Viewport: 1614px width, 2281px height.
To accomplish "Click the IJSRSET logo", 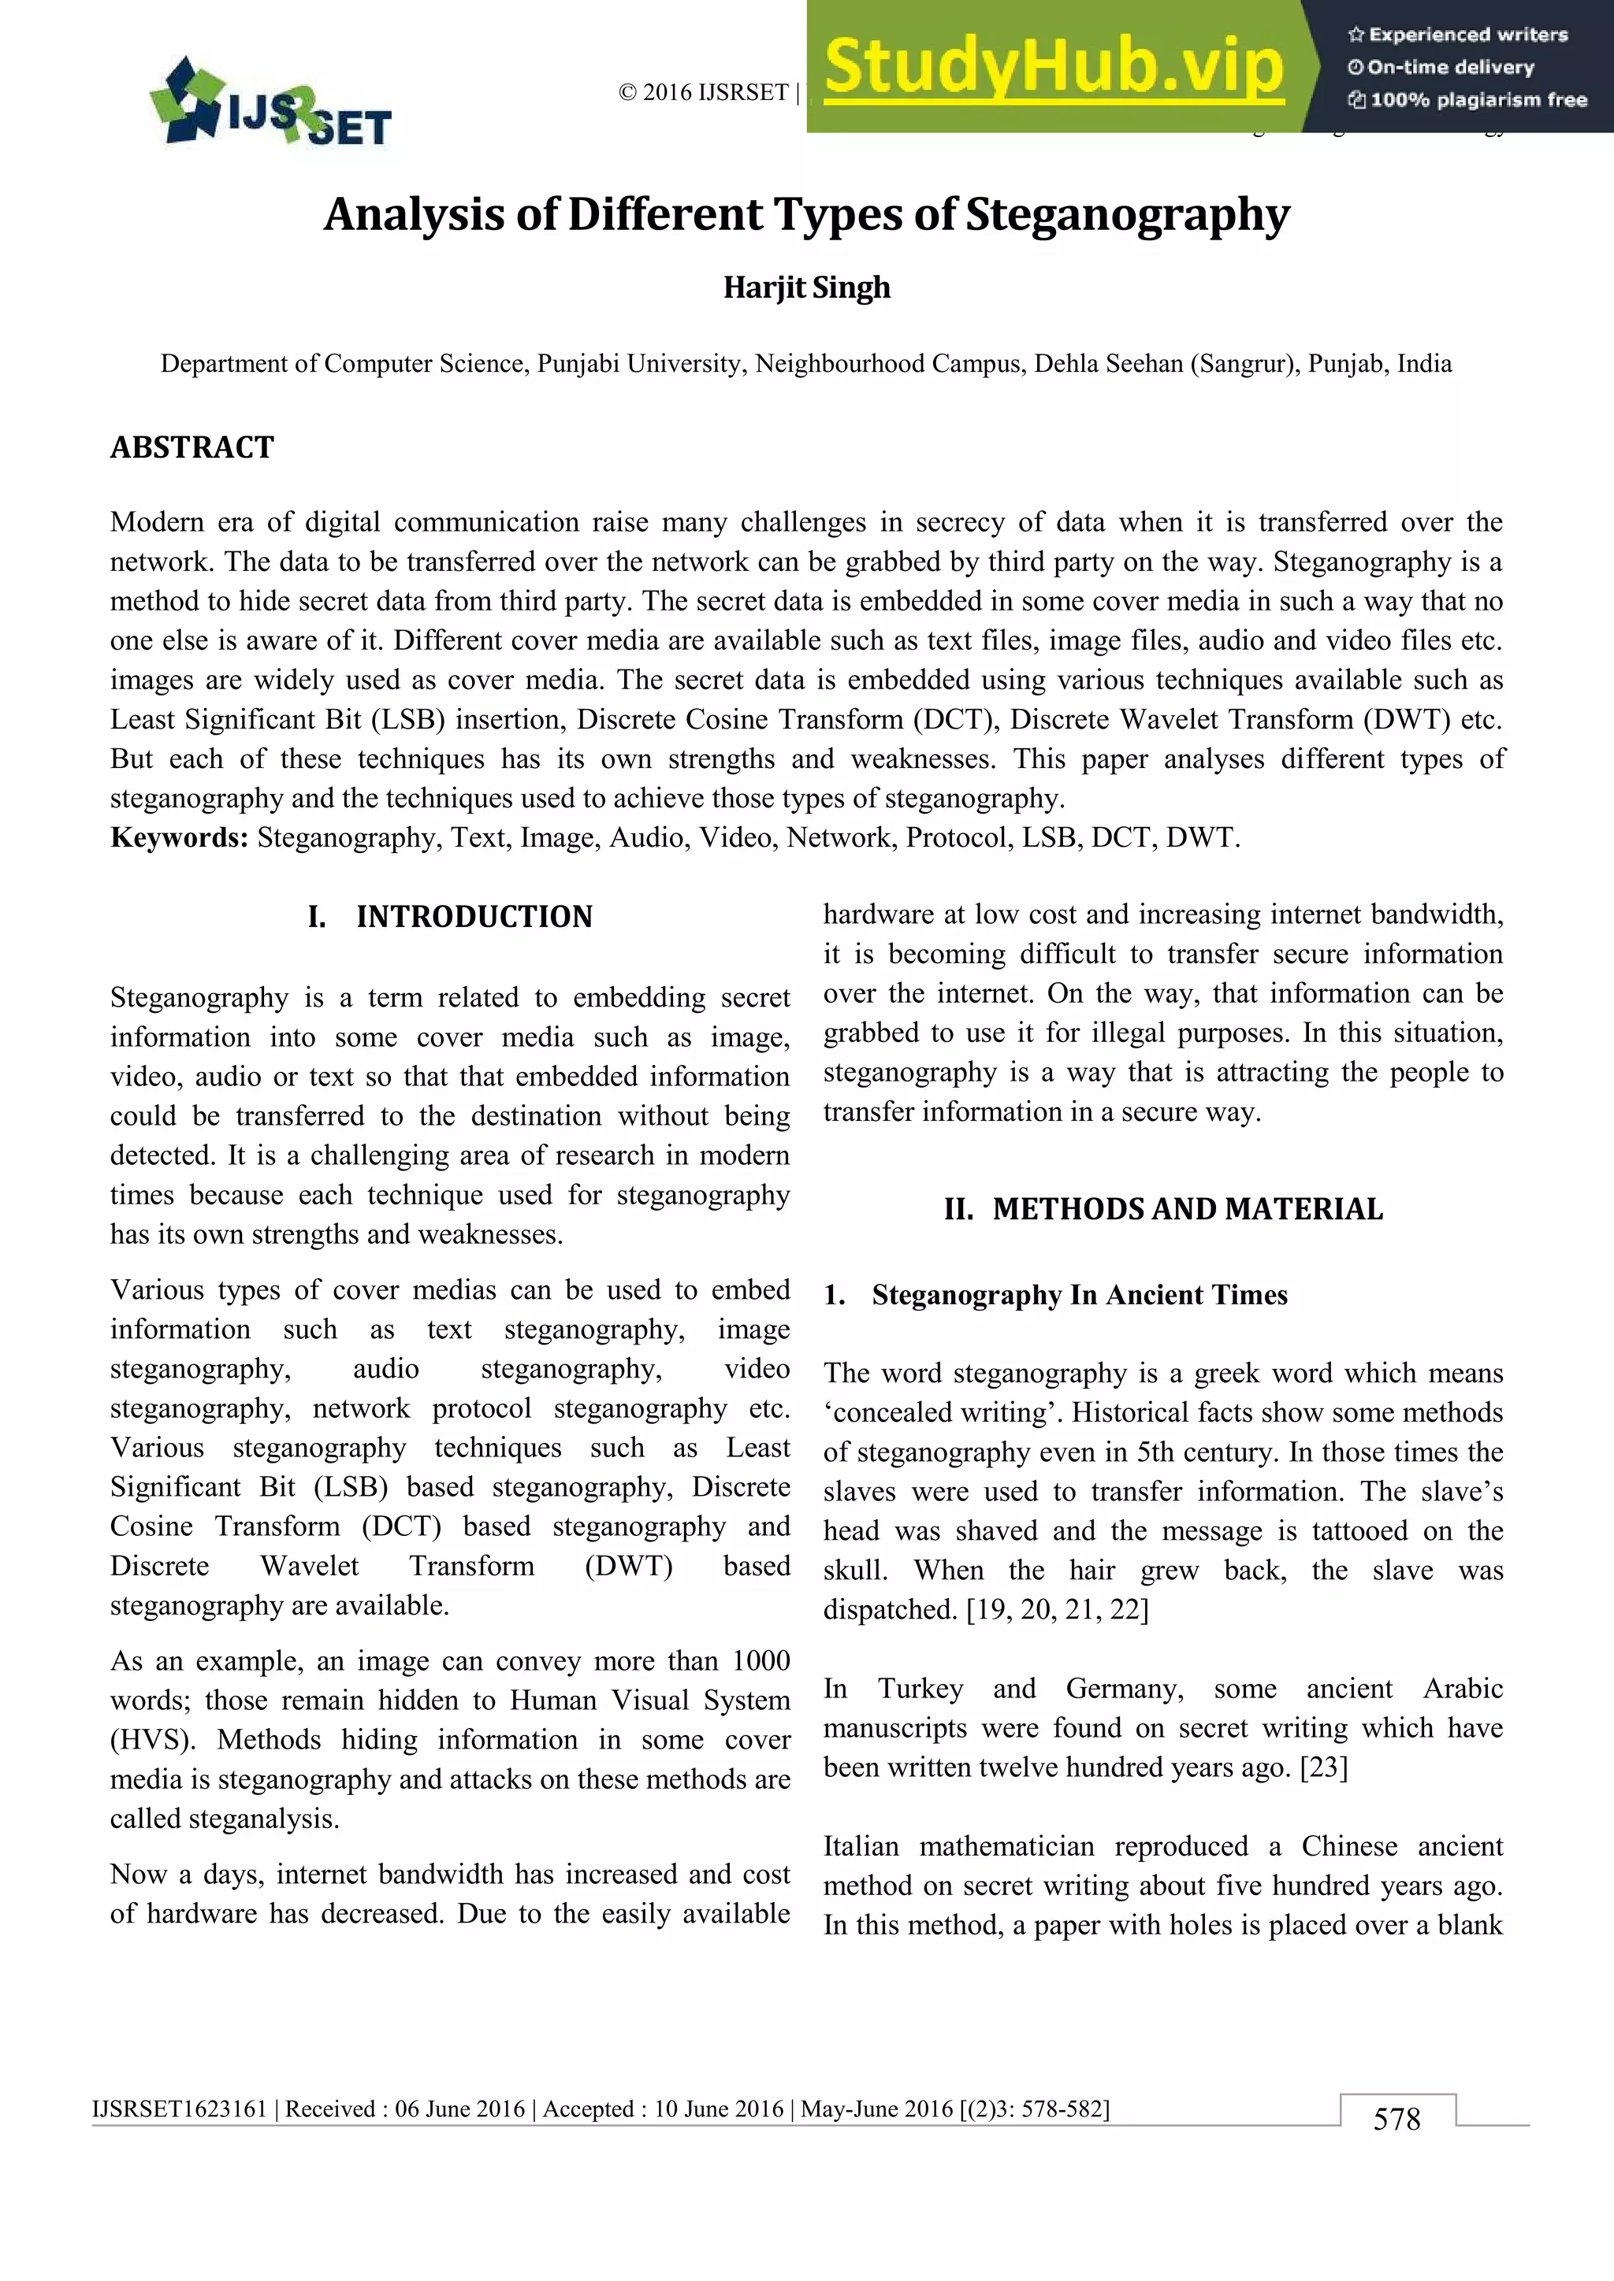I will click(x=270, y=104).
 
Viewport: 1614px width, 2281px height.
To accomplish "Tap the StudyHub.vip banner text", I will click(x=1054, y=67).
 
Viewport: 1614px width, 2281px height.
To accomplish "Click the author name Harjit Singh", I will click(x=806, y=287).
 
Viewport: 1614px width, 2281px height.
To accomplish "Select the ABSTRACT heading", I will click(x=192, y=447).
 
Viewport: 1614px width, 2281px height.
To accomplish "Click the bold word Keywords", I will click(x=179, y=837).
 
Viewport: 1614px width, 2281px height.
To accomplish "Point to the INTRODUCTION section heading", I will click(x=474, y=916).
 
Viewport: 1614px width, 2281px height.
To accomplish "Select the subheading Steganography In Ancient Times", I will click(x=1080, y=1295).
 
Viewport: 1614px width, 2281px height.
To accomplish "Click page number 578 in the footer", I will click(x=1396, y=2119).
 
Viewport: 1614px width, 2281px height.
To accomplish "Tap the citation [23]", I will click(x=1324, y=1767).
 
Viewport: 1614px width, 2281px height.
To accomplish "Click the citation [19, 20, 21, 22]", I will click(x=1058, y=1609).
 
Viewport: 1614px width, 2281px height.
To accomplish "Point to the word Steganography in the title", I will click(x=1127, y=214).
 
